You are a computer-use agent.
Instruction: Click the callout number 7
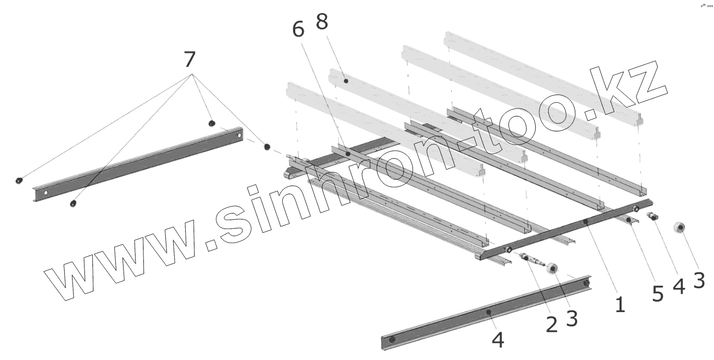tap(191, 59)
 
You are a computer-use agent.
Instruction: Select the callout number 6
tap(298, 30)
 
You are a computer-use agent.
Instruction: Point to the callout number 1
tap(619, 304)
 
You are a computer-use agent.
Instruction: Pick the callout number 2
tap(552, 325)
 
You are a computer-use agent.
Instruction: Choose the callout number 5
tap(658, 294)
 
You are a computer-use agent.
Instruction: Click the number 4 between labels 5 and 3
tap(679, 286)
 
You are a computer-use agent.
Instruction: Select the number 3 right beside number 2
tap(572, 318)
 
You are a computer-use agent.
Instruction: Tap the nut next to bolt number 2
tap(552, 268)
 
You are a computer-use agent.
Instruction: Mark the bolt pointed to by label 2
tap(529, 258)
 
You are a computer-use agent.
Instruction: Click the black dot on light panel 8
tap(346, 81)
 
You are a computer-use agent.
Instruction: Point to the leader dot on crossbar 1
tap(585, 222)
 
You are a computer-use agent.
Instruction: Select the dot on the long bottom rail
tap(488, 311)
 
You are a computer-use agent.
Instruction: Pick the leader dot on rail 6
tap(348, 154)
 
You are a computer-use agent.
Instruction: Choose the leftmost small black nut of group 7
tap(19, 181)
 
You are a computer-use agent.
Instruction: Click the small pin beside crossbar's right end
tap(653, 217)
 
